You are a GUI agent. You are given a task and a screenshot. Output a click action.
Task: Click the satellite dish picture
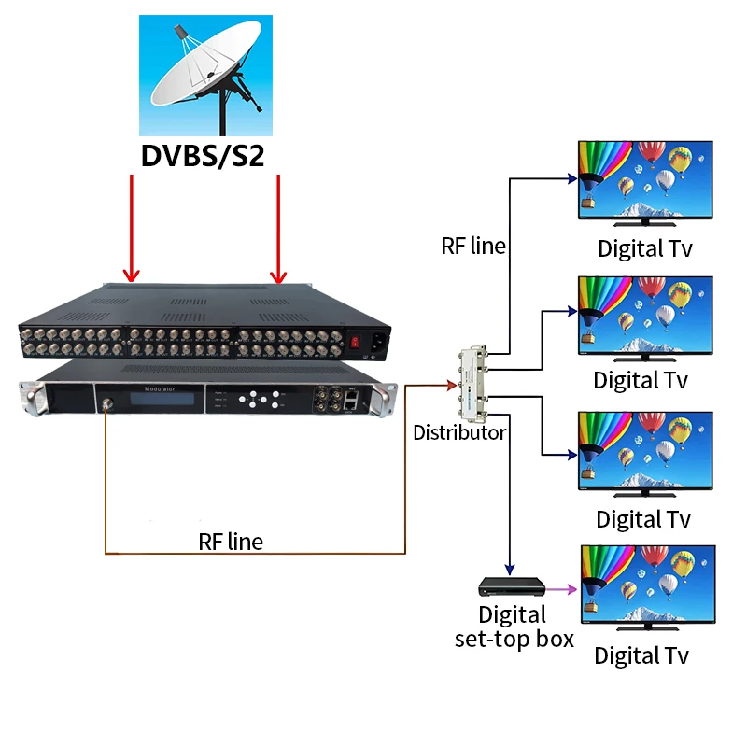[206, 74]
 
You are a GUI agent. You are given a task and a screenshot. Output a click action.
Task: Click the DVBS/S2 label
[204, 155]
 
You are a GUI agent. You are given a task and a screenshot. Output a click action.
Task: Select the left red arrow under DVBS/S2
[132, 229]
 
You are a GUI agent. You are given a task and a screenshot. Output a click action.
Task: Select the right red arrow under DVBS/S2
[278, 229]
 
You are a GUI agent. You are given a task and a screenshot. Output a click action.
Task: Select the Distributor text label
[460, 432]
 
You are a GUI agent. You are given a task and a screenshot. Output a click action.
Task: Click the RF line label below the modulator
[231, 541]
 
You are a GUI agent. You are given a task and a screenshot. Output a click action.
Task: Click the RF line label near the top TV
[473, 246]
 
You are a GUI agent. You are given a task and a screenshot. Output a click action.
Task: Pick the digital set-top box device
[511, 587]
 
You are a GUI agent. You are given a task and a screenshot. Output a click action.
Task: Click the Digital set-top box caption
[513, 627]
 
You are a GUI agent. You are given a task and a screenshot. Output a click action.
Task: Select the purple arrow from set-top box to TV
[560, 589]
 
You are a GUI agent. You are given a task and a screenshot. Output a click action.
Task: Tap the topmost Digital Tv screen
[644, 180]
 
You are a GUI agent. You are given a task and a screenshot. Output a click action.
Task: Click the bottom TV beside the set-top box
[644, 586]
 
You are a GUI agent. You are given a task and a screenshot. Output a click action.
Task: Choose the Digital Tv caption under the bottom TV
[642, 655]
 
